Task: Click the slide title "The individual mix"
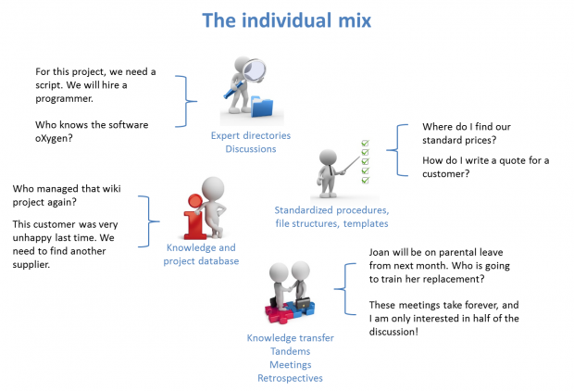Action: click(x=286, y=19)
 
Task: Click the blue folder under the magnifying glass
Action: click(x=263, y=107)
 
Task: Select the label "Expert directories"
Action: click(x=250, y=135)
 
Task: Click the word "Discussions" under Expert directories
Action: click(x=250, y=149)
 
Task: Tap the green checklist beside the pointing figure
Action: click(x=365, y=159)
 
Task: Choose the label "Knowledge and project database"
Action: click(x=201, y=254)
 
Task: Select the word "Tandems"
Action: click(x=290, y=351)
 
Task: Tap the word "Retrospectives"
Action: click(x=290, y=377)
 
